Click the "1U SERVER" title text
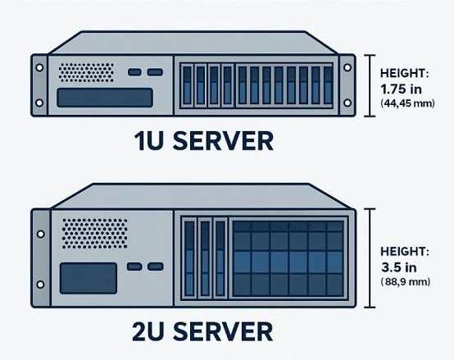204,141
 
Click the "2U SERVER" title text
202,331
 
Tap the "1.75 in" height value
401,89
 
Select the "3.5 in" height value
399,267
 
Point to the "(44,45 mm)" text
407,103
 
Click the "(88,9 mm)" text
406,281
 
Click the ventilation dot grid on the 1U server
86,72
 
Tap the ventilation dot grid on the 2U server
95,234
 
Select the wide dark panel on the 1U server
105,98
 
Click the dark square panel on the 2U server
89,278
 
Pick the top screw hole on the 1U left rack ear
39,67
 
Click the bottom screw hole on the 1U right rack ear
347,103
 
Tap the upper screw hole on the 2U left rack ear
40,234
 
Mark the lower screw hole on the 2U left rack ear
40,285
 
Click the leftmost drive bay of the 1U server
188,84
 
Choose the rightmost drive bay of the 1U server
328,84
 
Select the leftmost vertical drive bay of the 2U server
189,258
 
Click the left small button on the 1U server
134,72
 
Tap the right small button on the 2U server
155,267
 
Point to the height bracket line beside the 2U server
370,257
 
